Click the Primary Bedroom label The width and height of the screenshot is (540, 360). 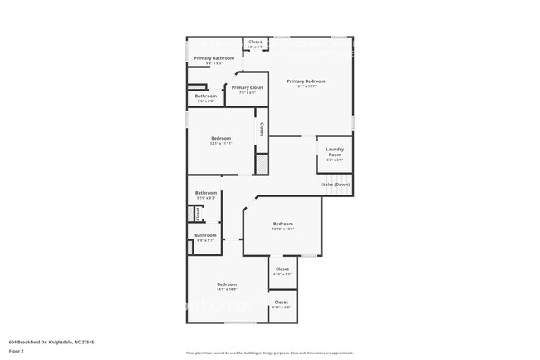307,81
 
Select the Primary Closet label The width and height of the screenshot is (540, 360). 247,87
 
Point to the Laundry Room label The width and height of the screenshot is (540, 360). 334,152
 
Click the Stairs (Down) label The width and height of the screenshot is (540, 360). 335,184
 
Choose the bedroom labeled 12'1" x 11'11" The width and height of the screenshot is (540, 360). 220,138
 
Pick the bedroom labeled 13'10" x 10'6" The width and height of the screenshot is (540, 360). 283,224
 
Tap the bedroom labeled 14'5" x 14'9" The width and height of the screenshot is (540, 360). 227,284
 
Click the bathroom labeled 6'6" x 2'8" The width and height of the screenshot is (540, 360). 206,96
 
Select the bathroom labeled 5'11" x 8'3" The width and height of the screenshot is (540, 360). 205,193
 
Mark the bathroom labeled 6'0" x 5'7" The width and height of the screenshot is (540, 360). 205,235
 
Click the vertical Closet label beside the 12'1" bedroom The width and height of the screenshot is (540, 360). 262,129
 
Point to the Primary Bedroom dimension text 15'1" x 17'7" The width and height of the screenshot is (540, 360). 307,86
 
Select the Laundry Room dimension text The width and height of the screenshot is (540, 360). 334,160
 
